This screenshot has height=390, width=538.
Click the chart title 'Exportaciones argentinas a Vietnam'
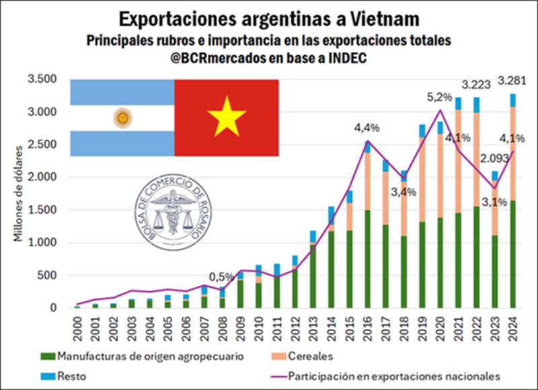(x=269, y=17)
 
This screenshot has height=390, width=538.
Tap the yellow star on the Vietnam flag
(x=227, y=116)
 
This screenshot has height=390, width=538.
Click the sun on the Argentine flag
(x=122, y=118)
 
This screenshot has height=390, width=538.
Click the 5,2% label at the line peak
(x=440, y=98)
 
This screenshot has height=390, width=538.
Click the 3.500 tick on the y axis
(x=42, y=79)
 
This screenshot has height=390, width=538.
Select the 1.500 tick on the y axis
(x=42, y=210)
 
